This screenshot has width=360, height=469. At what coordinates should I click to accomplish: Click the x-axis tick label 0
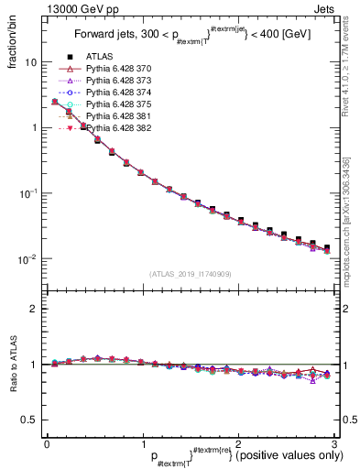click(47, 443)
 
